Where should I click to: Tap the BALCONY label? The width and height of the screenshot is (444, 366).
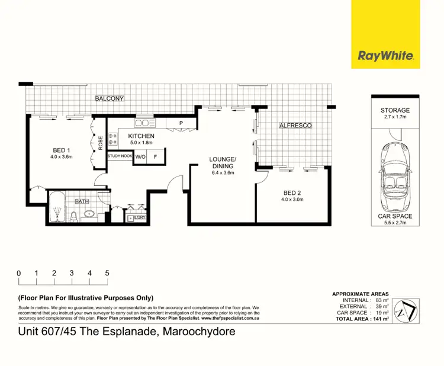(x=110, y=98)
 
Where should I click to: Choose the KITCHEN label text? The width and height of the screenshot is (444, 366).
(x=141, y=136)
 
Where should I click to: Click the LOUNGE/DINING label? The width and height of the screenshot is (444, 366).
(x=222, y=163)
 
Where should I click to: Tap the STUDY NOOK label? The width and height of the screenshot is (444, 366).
(x=120, y=156)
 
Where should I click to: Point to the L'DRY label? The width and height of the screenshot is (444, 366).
(x=140, y=217)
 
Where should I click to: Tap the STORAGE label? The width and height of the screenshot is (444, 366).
(x=395, y=111)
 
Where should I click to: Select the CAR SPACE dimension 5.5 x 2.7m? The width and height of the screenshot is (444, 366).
(x=395, y=224)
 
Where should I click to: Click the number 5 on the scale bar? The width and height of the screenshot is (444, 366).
(x=107, y=273)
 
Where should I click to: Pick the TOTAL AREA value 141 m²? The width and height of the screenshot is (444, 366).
(x=379, y=319)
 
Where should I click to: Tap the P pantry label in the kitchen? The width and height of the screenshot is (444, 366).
(x=179, y=124)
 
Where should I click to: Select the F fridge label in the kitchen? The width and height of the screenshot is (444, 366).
(x=155, y=157)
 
